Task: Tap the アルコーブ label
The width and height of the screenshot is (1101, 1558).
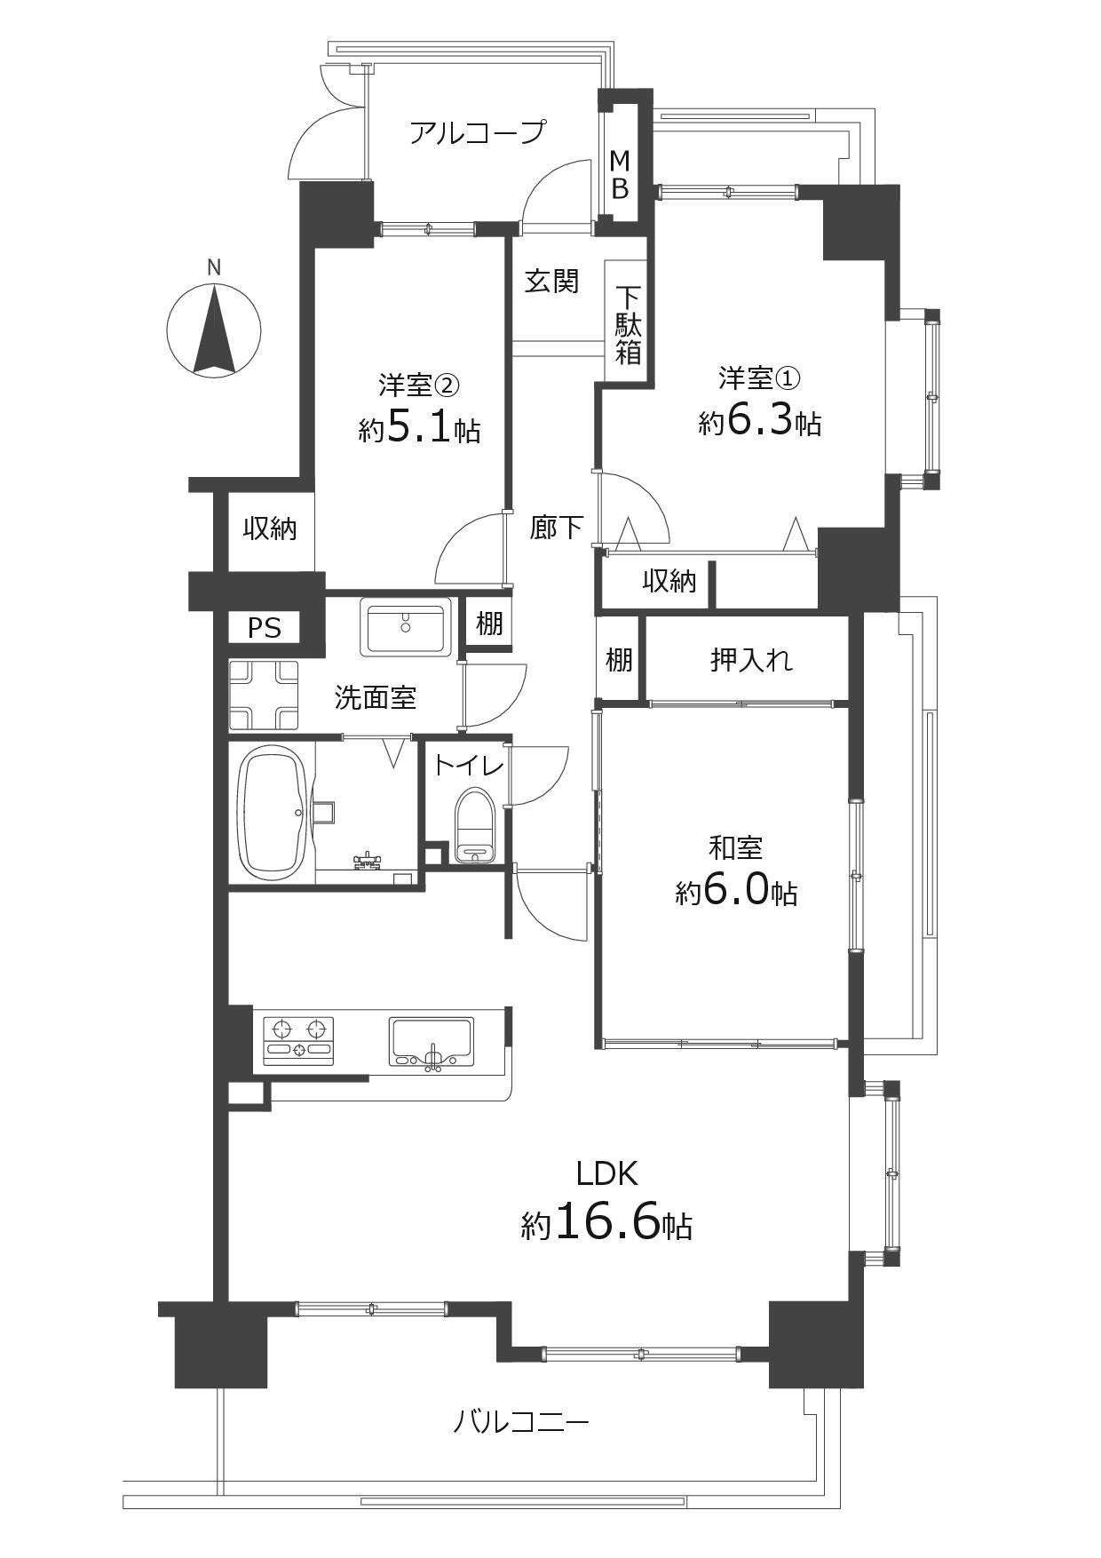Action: coord(477,133)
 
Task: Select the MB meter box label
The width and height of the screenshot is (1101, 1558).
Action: coord(621,174)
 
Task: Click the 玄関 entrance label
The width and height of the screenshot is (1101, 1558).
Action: coord(551,282)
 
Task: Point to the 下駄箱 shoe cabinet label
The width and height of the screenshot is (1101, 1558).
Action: coord(629,325)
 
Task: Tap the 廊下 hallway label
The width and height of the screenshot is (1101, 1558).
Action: coord(557,528)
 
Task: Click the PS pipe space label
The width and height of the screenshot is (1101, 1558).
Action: coord(265,629)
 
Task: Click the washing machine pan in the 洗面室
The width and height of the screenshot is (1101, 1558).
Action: coord(264,696)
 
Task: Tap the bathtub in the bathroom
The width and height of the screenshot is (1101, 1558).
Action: coord(274,813)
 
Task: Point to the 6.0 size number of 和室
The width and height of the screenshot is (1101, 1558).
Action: coord(735,891)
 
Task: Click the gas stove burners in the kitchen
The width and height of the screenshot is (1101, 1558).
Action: coord(299,1040)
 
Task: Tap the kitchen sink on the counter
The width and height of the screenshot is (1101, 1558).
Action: coord(432,1042)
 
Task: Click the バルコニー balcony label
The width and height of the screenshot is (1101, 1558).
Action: coord(521,1424)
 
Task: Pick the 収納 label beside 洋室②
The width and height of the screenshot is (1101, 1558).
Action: coord(271,529)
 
